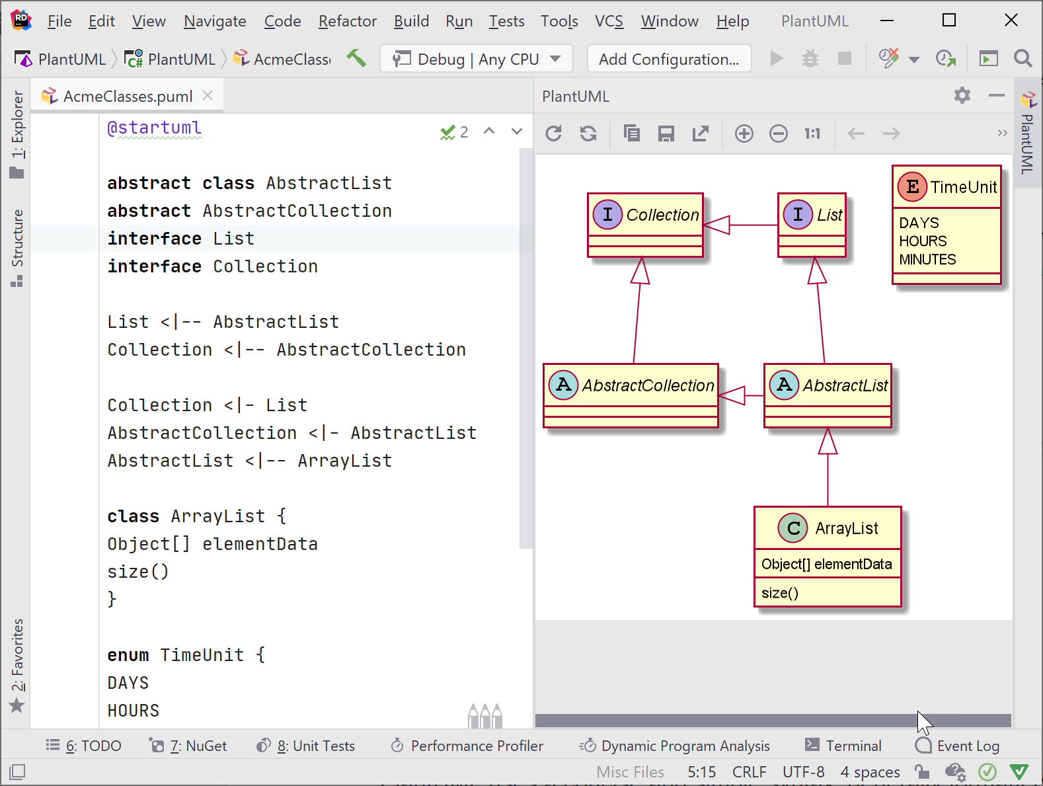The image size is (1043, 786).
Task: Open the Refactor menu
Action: [x=347, y=21]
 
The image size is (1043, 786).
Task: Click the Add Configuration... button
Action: [x=668, y=59]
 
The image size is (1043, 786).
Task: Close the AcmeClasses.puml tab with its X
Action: [x=208, y=95]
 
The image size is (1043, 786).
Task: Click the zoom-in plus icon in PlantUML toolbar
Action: [x=744, y=134]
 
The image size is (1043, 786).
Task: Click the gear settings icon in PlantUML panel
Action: [x=962, y=96]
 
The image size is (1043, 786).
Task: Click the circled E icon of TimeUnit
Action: [x=912, y=187]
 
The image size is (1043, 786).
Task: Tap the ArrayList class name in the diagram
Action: [x=846, y=528]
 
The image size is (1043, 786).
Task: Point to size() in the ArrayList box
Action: [x=780, y=593]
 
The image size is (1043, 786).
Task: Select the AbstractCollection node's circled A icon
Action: [x=563, y=385]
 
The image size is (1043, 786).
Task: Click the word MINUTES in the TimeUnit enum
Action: [x=927, y=260]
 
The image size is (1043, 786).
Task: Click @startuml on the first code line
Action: [x=154, y=128]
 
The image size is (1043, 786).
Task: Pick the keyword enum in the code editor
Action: [x=128, y=655]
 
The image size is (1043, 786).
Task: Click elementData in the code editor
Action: [x=260, y=544]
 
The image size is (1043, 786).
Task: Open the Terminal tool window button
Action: [x=843, y=746]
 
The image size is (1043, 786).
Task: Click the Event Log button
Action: [x=958, y=746]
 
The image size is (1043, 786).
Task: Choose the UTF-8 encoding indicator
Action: [x=803, y=771]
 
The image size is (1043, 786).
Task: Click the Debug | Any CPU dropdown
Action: [x=476, y=59]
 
